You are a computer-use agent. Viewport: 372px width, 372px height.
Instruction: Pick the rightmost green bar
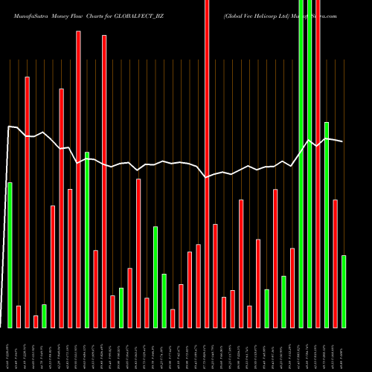pos(344,291)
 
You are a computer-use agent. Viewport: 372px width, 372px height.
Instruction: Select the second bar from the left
pos(19,316)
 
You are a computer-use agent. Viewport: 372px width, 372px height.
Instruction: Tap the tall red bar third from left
pos(27,202)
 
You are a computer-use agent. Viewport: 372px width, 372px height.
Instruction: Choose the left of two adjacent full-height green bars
pos(301,164)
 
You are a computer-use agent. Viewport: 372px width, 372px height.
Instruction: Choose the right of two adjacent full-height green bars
pos(310,164)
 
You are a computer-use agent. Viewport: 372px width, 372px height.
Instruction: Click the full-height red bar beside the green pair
pos(318,164)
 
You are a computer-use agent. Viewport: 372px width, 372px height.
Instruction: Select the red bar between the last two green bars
pos(335,263)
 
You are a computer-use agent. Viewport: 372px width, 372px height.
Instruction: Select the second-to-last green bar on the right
pos(327,224)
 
